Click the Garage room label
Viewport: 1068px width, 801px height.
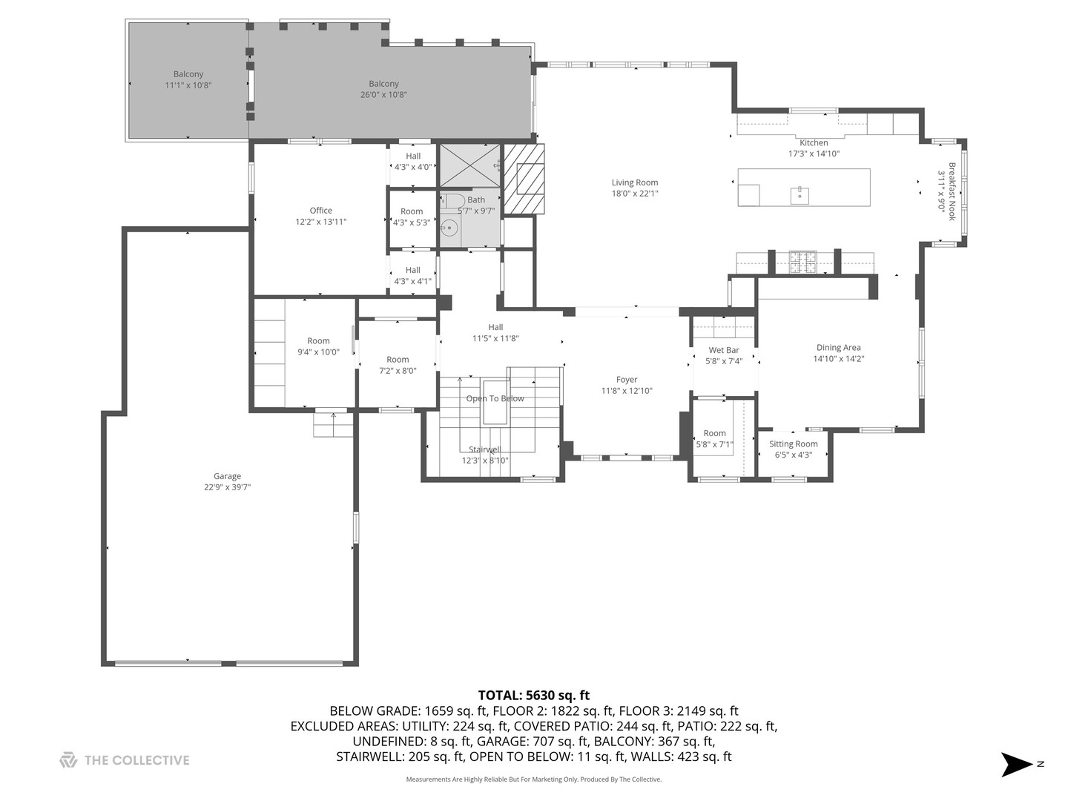[x=227, y=477]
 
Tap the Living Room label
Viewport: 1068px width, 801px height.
[x=634, y=183]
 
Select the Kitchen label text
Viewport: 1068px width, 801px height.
[x=814, y=143]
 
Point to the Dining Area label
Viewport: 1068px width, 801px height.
[x=838, y=348]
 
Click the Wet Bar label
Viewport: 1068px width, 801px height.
[x=723, y=351]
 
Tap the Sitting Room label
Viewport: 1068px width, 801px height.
[x=793, y=444]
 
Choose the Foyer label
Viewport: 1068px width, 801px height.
[x=626, y=380]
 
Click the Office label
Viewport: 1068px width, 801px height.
[x=320, y=211]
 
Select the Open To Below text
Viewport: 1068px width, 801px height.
[x=495, y=399]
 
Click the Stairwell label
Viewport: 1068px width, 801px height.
[x=484, y=449]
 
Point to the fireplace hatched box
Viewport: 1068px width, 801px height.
[x=524, y=179]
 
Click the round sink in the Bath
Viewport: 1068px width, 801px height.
[x=448, y=228]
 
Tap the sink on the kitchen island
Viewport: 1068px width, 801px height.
[x=800, y=195]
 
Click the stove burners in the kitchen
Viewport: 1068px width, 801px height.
[x=802, y=261]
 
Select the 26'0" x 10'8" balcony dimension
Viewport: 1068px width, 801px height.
[x=383, y=95]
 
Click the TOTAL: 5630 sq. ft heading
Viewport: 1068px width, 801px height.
[x=533, y=695]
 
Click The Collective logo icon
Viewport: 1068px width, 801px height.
[x=68, y=760]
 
